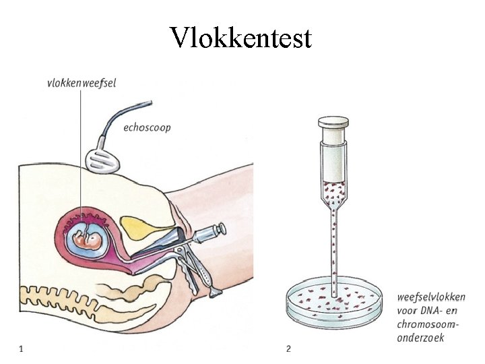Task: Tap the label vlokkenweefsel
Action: tap(82, 83)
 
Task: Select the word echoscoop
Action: tap(147, 127)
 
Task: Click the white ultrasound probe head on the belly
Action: tap(105, 159)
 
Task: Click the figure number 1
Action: tap(21, 348)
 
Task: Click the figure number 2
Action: tap(288, 348)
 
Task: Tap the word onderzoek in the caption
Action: tap(421, 338)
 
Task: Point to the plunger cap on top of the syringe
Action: tap(333, 123)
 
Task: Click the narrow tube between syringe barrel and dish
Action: tap(333, 243)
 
